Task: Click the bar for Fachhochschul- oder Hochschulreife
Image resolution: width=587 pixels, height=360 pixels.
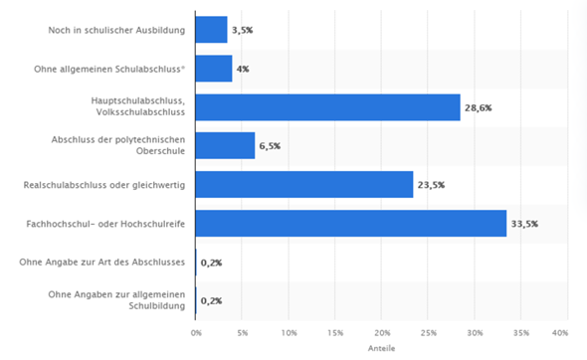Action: coord(351,223)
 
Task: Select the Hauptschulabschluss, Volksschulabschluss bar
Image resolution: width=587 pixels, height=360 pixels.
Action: coord(328,106)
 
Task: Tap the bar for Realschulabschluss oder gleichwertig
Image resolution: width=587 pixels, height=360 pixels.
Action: coord(304,184)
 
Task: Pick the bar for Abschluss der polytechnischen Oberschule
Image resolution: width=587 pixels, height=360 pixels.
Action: coord(226,145)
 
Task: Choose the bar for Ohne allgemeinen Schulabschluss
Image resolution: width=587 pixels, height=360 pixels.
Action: coord(214,69)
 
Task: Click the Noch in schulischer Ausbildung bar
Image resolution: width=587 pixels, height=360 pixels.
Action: coord(212,30)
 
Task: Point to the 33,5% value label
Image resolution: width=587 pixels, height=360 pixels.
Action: coord(523,224)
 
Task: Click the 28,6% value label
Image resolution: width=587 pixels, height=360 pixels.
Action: coord(478,107)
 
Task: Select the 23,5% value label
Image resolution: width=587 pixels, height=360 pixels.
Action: coord(430,185)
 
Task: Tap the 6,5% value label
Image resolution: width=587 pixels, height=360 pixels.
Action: coord(271,146)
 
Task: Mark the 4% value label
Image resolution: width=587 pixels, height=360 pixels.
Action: coord(243,70)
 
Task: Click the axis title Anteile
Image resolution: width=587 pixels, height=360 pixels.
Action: coord(378,349)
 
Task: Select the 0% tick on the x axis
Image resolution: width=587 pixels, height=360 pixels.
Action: coord(196,331)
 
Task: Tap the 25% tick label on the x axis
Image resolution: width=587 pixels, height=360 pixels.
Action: coord(428,331)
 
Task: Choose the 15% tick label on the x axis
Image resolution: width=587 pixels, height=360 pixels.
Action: coord(335,331)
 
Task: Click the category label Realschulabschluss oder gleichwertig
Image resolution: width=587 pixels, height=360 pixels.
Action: coord(104,184)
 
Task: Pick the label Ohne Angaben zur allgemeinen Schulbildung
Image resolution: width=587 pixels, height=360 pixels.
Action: coord(116,300)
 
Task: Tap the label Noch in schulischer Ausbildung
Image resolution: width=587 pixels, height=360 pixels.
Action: coord(116,30)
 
